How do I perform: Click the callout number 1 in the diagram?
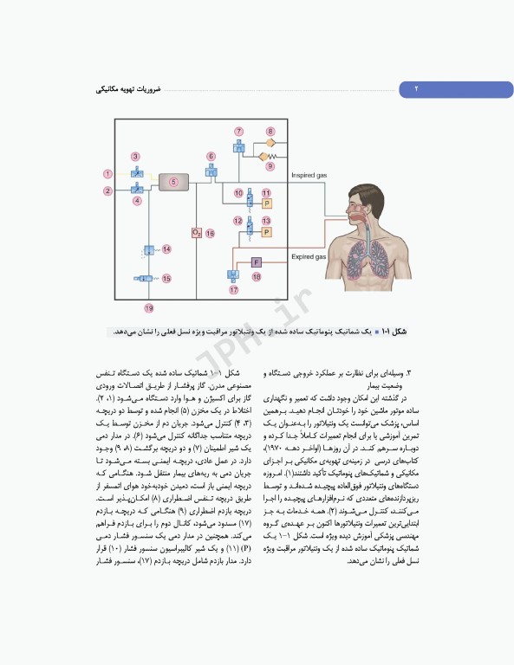[x=107, y=175]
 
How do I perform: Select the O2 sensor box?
[x=197, y=233]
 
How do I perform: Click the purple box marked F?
[x=257, y=261]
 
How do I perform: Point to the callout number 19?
[x=149, y=308]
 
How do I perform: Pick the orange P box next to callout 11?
[x=267, y=203]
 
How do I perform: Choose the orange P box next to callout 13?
[x=267, y=232]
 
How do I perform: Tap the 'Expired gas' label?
[x=308, y=256]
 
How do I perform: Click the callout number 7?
[x=239, y=131]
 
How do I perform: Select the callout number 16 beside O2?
[x=210, y=234]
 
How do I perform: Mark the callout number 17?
[x=234, y=290]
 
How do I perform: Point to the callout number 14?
[x=166, y=249]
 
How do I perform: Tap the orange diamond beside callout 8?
[x=270, y=141]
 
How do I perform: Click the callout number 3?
[x=136, y=157]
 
